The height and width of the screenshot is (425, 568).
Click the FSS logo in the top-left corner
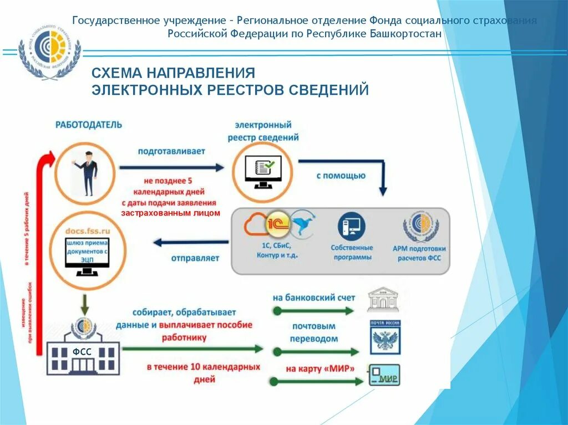pos(49,53)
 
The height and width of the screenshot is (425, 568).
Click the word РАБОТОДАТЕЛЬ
pos(89,125)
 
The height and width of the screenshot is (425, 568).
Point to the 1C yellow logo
pos(277,222)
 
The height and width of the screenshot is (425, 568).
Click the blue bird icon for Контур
pos(303,222)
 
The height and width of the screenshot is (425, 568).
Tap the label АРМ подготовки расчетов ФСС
pos(419,253)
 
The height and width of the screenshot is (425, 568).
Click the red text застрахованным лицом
pos(171,213)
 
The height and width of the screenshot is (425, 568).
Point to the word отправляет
pos(195,258)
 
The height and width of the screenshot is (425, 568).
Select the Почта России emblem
pos(385,337)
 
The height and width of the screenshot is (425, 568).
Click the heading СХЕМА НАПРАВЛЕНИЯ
pos(173,73)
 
